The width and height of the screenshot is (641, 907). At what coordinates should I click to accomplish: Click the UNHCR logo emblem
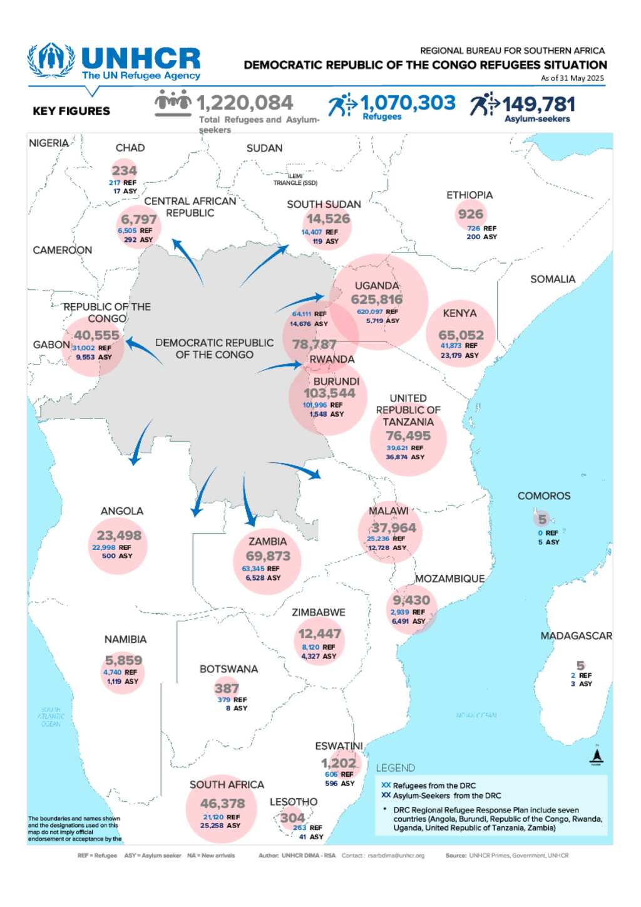point(51,60)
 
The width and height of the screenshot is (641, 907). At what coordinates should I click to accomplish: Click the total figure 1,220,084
point(245,103)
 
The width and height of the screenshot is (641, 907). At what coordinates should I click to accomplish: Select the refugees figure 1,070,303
point(408,102)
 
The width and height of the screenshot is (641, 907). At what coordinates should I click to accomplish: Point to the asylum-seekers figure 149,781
point(538,104)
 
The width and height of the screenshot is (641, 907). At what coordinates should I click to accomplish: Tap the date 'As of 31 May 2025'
point(572,78)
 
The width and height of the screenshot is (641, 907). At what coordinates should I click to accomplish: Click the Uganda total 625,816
point(376,299)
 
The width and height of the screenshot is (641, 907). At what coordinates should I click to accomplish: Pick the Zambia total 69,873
point(268,556)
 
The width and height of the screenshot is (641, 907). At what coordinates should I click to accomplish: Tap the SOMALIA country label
point(552,279)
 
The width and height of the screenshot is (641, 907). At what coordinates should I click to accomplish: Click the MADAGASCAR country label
point(576,636)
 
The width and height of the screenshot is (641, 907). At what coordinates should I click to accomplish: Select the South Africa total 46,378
point(222,804)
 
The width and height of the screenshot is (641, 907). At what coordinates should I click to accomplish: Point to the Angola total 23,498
point(119,536)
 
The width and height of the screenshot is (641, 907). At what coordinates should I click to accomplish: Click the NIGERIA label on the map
point(48,143)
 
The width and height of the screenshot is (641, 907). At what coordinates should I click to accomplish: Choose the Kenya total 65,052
point(461,335)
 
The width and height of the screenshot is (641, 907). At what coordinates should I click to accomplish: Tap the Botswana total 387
point(227,688)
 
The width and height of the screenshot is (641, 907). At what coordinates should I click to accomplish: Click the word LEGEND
point(395,768)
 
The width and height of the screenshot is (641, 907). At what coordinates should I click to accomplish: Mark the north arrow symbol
point(596,757)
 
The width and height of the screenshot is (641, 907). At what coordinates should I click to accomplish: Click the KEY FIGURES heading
point(71,111)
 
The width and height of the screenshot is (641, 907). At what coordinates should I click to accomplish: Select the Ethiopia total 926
point(470,214)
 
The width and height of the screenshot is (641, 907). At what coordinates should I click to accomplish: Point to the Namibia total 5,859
point(123,660)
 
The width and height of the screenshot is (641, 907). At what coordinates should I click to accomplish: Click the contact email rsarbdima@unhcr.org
point(396,856)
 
